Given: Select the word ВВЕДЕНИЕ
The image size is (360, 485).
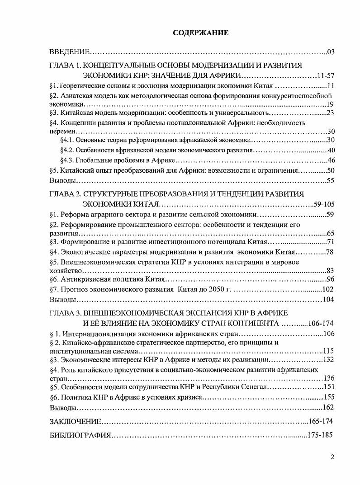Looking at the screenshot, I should click(x=70, y=52).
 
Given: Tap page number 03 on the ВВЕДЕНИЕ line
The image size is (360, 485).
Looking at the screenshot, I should click(x=330, y=52).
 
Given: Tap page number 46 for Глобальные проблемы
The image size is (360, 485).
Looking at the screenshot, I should click(x=330, y=160).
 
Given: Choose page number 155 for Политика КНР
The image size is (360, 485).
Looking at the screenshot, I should click(x=328, y=398).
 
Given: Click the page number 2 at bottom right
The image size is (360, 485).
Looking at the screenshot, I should click(x=332, y=457).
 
